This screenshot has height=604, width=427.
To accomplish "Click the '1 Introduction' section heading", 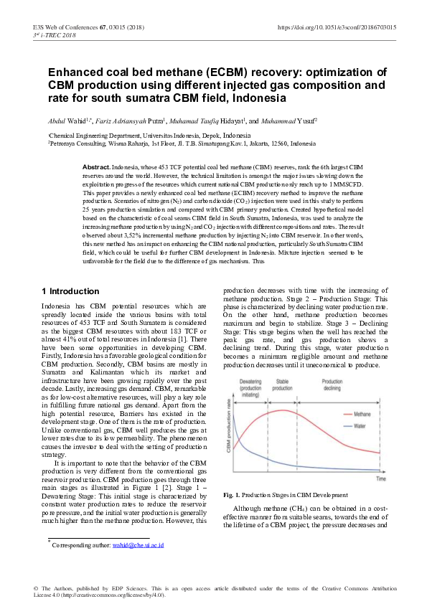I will click(x=71, y=291).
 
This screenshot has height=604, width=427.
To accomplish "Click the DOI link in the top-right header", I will click(x=336, y=27).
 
